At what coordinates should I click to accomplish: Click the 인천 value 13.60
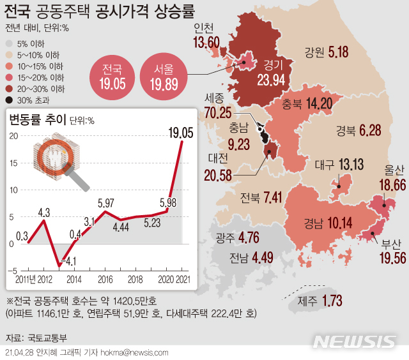click(206, 42)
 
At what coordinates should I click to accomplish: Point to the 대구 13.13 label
click(339, 165)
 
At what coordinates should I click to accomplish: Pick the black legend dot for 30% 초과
click(8, 100)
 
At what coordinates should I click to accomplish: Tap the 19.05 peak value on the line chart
click(180, 132)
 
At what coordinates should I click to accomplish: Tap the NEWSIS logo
click(355, 341)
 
